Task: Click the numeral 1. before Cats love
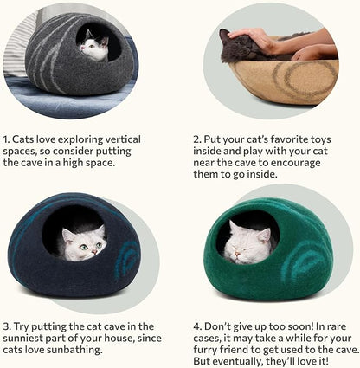8,139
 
